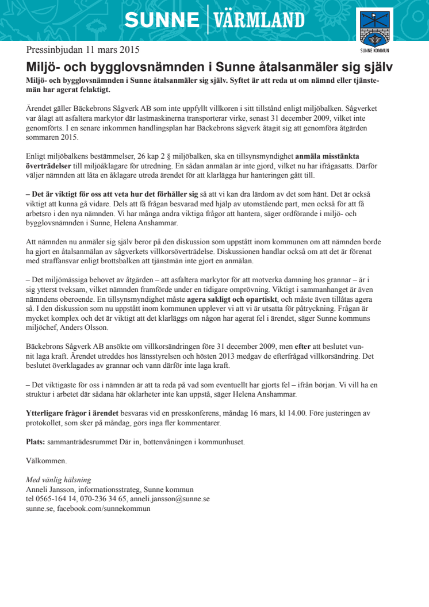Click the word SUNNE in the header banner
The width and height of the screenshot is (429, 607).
click(162, 21)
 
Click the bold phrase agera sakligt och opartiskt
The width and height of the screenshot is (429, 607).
click(232, 300)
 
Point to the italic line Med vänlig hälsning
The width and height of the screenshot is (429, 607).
click(59, 480)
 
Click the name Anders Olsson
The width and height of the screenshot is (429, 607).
click(90, 328)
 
